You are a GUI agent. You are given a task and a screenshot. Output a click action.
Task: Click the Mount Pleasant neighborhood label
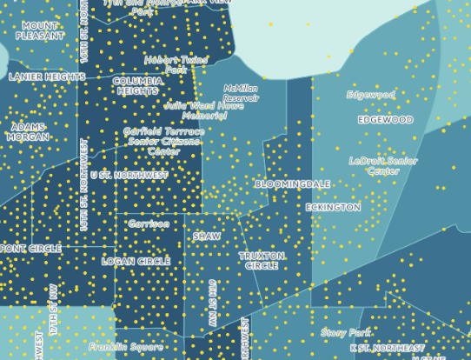39,31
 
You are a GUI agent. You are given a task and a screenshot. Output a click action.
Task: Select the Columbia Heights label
138,85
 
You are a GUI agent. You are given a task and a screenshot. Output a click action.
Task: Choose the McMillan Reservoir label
241,93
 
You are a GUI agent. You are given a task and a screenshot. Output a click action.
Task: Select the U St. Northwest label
129,175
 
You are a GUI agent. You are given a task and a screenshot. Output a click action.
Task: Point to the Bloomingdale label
292,184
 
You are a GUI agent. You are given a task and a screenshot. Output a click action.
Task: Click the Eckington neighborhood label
333,208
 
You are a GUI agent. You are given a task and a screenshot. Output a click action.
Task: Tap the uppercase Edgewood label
385,120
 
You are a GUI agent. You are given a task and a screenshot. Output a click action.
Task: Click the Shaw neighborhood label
207,236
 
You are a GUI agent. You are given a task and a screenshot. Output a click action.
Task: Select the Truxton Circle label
262,261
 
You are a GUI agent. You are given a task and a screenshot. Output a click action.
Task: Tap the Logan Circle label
136,261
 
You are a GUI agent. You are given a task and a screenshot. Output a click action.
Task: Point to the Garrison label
149,223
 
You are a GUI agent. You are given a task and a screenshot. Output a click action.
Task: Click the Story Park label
346,332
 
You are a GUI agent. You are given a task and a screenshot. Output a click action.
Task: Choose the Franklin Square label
126,347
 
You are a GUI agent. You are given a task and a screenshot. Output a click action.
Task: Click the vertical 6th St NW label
212,303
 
